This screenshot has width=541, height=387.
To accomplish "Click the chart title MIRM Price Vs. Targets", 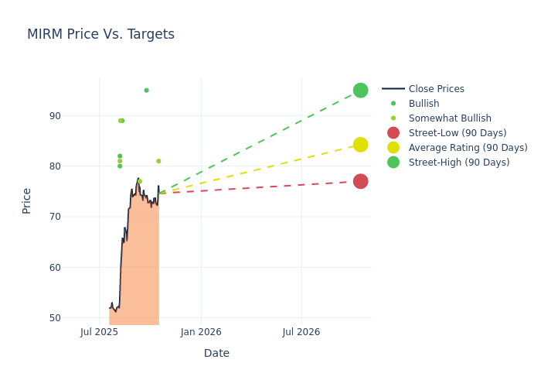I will pos(100,34).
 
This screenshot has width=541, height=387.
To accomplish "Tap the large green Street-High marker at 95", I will pos(360,91).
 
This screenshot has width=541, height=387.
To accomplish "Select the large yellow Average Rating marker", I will pos(360,145).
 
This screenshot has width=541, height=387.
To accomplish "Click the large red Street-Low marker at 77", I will pos(360,181).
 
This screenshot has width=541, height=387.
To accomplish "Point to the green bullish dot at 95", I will pos(146,91).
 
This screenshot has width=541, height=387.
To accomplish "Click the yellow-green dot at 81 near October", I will pos(158,161).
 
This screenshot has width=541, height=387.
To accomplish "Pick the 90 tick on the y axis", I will pos(77,116).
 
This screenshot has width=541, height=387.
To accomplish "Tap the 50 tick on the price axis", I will pos(77,318).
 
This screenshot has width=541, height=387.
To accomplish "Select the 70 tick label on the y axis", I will pos(77,217).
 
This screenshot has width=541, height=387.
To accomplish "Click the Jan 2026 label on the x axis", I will pos(201,332).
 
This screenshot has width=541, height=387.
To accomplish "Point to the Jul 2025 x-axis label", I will pos(99,332).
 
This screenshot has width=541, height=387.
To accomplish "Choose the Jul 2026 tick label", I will pos(301,332).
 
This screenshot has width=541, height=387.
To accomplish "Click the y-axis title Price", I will pos(27,200).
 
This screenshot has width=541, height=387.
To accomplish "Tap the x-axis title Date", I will pos(216,353).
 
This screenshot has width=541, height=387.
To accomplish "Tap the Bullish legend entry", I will pos(424,104).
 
